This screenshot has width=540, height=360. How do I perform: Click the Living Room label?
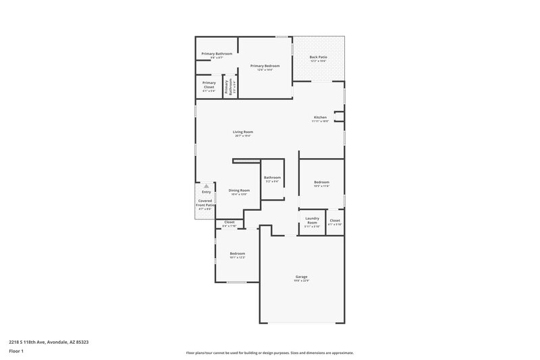243,132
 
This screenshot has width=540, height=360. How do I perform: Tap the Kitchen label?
319,117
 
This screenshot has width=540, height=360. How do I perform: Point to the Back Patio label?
318,57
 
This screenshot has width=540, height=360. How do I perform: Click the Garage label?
301,276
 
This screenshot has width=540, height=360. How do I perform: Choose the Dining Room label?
239,190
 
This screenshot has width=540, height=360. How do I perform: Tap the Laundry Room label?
312,220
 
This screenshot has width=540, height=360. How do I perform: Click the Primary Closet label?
209,84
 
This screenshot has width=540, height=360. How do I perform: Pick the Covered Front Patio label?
205,203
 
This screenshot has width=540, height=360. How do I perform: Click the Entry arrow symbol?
206,186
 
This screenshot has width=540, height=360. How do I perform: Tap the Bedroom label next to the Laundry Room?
321,182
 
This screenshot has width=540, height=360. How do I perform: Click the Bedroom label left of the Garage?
237,253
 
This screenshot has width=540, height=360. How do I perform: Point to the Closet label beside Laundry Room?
335,220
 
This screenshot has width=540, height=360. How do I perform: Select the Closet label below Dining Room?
230,222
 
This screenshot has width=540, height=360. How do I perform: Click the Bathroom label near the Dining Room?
272,177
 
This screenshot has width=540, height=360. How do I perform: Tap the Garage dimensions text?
301,281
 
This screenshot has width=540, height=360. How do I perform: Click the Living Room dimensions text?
243,136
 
